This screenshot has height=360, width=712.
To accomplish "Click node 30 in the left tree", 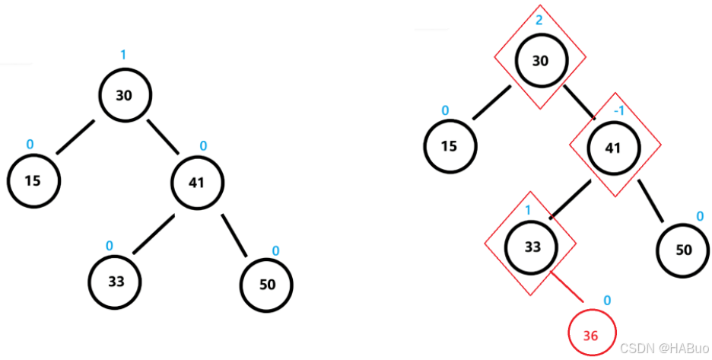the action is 125,95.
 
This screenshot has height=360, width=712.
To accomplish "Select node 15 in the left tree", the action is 33,181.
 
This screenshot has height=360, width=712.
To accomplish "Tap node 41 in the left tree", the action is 197,182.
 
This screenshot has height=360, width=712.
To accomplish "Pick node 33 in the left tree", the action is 116,281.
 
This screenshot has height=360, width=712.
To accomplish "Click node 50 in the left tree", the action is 266,285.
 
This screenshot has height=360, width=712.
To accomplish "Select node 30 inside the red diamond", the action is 540,62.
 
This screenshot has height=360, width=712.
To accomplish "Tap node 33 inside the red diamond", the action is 532,247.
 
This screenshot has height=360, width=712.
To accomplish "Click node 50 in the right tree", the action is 683,250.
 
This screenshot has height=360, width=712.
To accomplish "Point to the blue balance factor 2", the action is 539,20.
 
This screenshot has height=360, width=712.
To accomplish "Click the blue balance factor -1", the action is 618,110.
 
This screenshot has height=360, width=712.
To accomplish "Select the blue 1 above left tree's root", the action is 123,55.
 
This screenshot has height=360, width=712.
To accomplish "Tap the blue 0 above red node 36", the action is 606,300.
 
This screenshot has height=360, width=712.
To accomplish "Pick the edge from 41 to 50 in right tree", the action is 651,203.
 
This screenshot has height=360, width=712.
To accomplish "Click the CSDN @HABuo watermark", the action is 661,348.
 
